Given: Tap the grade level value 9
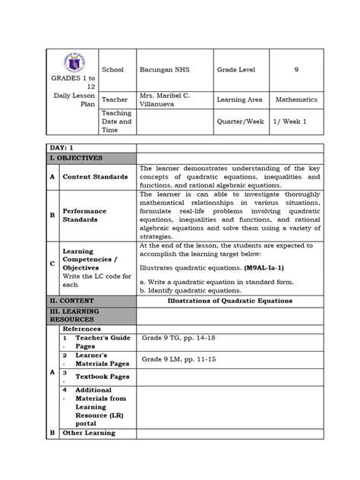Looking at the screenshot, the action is pyautogui.click(x=297, y=69).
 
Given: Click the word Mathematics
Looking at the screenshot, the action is pyautogui.click(x=297, y=99).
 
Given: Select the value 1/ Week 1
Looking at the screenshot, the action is pyautogui.click(x=296, y=121).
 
